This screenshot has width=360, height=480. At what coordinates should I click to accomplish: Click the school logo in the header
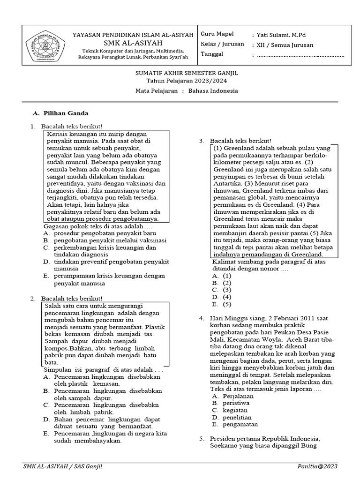tap(45, 46)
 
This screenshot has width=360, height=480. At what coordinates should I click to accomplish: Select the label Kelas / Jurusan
tap(222, 44)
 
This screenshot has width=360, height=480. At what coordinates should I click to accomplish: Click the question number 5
tap(202, 438)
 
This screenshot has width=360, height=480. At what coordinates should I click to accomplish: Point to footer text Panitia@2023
tap(317, 466)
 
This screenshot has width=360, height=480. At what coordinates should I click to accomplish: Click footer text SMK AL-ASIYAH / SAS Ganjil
tap(63, 466)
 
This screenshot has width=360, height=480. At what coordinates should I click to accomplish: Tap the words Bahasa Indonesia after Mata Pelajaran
tap(213, 91)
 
